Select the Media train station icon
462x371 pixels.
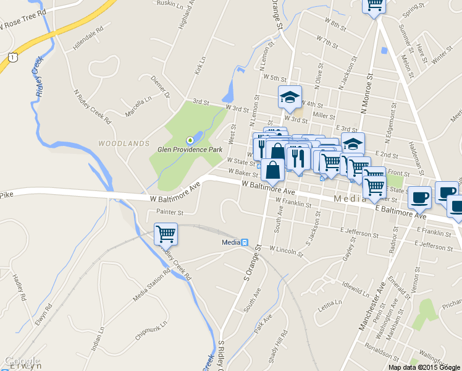[x=245, y=242]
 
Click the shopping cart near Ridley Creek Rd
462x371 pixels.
[x=166, y=234]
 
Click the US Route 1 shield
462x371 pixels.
[x=12, y=56]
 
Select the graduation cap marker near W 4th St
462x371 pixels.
[x=290, y=97]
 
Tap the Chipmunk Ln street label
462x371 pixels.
[x=147, y=332]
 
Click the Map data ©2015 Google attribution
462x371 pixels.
[x=424, y=367]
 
